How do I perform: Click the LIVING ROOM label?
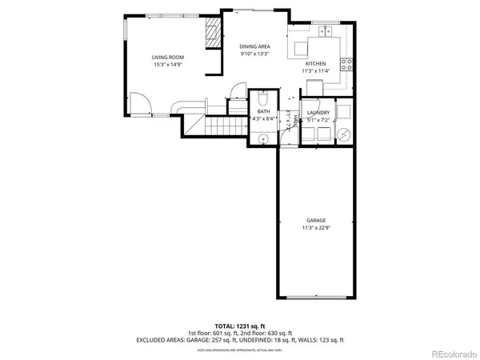pyautogui.click(x=168, y=57)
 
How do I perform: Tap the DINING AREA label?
pyautogui.click(x=254, y=46)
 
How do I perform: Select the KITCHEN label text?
pyautogui.click(x=315, y=63)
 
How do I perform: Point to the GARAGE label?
pyautogui.click(x=315, y=220)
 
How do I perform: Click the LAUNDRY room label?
pyautogui.click(x=318, y=113)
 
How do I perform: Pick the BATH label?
pyautogui.click(x=263, y=111)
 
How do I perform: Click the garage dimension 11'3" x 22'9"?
pyautogui.click(x=315, y=228)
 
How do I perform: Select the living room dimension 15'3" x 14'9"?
pyautogui.click(x=168, y=64)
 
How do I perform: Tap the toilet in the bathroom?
pyautogui.click(x=263, y=101)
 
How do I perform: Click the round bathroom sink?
pyautogui.click(x=265, y=138)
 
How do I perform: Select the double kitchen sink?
pyautogui.click(x=326, y=32)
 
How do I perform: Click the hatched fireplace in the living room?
pyautogui.click(x=212, y=35)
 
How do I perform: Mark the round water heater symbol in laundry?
pyautogui.click(x=344, y=135)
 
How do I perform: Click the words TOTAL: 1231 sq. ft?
pyautogui.click(x=240, y=326)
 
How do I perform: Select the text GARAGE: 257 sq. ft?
pyautogui.click(x=210, y=340)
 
